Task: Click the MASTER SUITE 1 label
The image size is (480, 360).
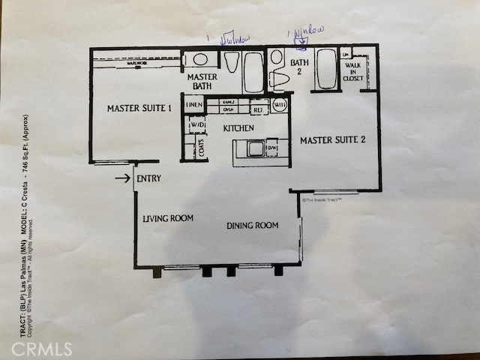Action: (139, 108)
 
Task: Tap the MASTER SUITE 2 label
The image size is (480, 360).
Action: (332, 139)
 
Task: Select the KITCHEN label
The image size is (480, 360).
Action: (238, 128)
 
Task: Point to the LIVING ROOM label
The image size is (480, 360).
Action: (168, 218)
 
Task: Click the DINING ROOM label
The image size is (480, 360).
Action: (253, 225)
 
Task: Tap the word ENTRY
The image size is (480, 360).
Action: (148, 178)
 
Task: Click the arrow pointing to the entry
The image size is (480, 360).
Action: (122, 178)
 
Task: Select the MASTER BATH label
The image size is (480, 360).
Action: (202, 81)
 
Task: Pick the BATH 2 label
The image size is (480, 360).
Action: (300, 67)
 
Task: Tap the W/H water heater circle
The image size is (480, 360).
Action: (280, 105)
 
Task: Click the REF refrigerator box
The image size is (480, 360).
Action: (258, 109)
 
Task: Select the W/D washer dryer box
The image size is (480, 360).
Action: (197, 124)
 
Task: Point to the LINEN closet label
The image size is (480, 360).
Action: (194, 104)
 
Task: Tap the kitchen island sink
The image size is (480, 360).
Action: (256, 148)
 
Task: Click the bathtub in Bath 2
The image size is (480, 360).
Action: (326, 70)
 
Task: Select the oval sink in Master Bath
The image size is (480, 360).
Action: (200, 59)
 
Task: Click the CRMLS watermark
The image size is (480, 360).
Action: (42, 349)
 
